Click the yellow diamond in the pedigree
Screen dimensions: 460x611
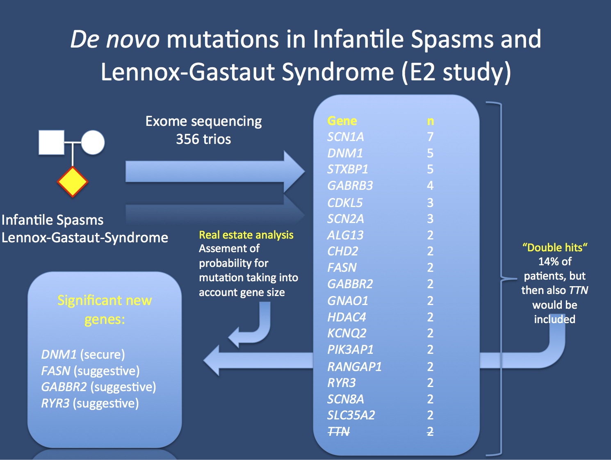tap(73, 182)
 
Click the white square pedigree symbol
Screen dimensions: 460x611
tap(51, 143)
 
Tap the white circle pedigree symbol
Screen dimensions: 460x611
tap(93, 143)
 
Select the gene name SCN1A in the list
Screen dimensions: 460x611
tap(345, 137)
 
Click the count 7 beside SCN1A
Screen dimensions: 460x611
tap(430, 137)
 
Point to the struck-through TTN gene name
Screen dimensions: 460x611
tap(339, 431)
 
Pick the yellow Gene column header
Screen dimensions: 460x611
tap(342, 121)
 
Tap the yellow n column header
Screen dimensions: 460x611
tap(430, 121)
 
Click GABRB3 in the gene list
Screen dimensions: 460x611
tap(350, 186)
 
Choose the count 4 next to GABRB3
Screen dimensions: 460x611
tap(430, 186)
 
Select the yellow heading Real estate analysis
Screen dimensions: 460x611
tap(246, 235)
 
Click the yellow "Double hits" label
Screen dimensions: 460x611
tap(555, 248)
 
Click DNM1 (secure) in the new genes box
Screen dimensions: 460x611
tap(83, 354)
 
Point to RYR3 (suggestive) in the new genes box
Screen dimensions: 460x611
tap(90, 403)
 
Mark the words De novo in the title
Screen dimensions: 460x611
tap(115, 39)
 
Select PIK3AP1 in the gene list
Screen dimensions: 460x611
tap(350, 350)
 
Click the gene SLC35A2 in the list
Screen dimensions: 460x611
tap(351, 415)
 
